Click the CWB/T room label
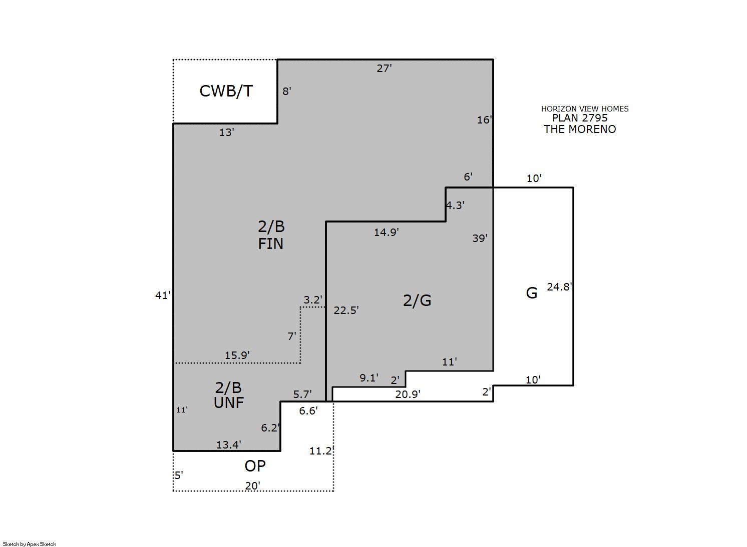pos(226,91)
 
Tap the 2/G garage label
pos(417,300)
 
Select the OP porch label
pos(255,466)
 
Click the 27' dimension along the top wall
pos(384,68)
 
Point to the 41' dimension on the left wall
pos(163,295)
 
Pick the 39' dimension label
pos(480,238)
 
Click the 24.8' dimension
pos(560,287)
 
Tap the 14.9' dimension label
pos(386,232)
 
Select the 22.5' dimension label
pos(346,310)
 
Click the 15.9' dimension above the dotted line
pos(237,355)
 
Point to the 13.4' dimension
pos(229,444)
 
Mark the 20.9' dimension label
pos(408,394)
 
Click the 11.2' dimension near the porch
pos(321,451)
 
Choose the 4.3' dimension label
pos(455,205)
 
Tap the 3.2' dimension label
pos(313,300)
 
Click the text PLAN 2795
pos(580,118)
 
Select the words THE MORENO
pos(580,129)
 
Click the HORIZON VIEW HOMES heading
pos(585,109)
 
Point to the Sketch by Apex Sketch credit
pos(30,544)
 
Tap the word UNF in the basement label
pos(229,403)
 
